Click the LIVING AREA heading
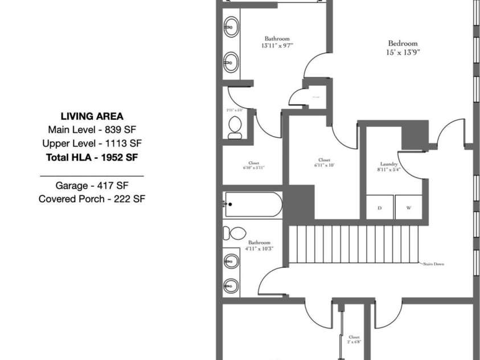[91, 116]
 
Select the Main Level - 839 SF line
[91, 129]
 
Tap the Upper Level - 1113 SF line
[91, 143]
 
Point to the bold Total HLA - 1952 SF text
[91, 157]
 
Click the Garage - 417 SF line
[91, 185]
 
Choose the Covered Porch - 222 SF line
[91, 199]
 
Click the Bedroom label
[403, 43]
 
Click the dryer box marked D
[380, 208]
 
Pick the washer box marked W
[409, 208]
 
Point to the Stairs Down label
[433, 264]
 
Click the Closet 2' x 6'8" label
[354, 339]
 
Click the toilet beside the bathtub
[233, 234]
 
